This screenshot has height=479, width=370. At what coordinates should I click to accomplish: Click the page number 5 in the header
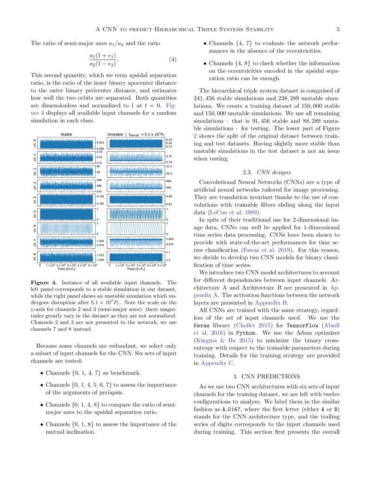338,29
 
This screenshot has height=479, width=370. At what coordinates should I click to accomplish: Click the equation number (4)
172,60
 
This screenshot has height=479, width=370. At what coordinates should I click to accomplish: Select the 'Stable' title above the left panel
66,135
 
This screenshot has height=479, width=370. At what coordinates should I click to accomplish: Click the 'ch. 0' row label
35,143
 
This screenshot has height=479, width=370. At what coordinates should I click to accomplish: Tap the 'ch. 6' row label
35,229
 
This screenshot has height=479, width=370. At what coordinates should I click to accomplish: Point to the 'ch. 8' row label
35,257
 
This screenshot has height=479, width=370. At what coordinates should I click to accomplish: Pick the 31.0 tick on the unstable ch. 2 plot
169,166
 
